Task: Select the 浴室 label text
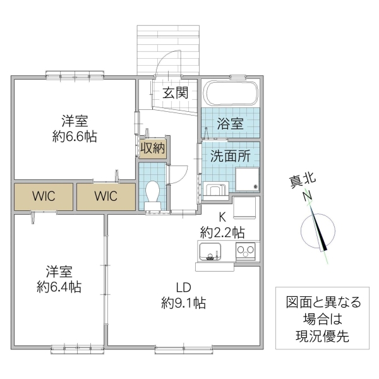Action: point(230,123)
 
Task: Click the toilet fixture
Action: point(152,193)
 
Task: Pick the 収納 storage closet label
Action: point(152,149)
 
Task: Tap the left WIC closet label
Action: point(44,196)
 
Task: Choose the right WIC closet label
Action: point(106,196)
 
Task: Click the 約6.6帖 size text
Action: point(75,135)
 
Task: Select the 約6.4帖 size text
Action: point(58,287)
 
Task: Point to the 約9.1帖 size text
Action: point(183,303)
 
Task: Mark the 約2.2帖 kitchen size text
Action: point(222,231)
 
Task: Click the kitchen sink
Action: point(210,253)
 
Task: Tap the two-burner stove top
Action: point(245,251)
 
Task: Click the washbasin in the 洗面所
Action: point(217,189)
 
